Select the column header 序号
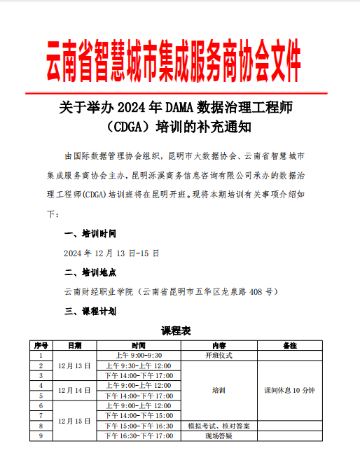coord(41,346)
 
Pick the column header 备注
coord(289,346)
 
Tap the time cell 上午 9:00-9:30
coord(138,356)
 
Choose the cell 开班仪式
coord(219,356)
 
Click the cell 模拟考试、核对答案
coord(219,426)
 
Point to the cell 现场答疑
coord(219,435)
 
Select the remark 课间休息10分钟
coord(289,390)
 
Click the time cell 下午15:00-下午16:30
coord(138,426)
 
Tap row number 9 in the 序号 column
coord(41,435)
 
